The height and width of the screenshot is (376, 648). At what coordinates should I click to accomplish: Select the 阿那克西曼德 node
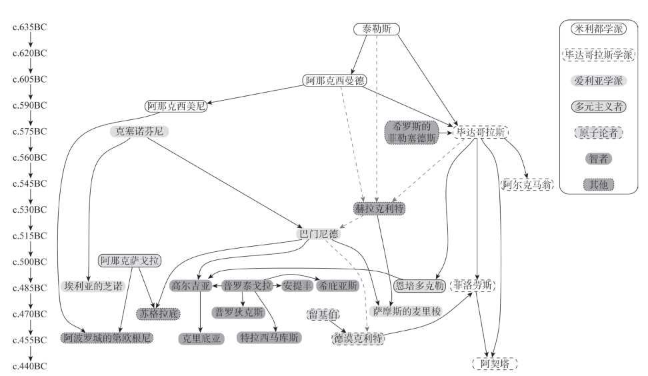(334, 81)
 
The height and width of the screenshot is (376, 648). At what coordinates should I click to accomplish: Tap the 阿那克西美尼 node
(175, 106)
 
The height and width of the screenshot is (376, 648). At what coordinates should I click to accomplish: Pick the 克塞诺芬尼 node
(139, 132)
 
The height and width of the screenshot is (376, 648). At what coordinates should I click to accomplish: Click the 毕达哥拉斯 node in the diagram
(480, 132)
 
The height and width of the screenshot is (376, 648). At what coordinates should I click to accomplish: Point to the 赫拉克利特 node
(379, 209)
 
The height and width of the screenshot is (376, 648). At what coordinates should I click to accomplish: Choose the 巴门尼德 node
(318, 235)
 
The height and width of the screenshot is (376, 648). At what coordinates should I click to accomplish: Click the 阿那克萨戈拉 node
(129, 260)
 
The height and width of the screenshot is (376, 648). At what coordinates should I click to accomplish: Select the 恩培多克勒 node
(419, 286)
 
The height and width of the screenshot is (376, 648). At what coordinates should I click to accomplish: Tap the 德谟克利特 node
(359, 339)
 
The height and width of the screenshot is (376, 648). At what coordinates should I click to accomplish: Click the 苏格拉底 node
(158, 313)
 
